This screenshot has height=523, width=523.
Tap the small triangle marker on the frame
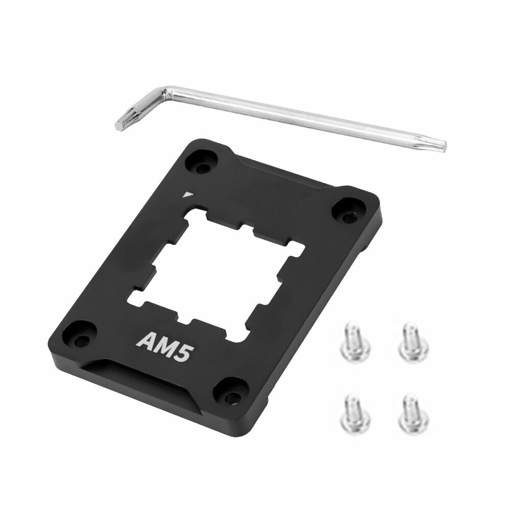tap(188, 194)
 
